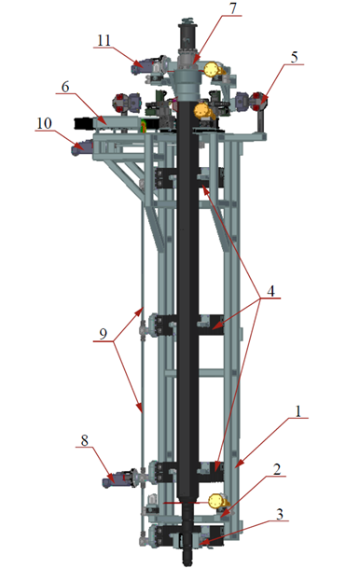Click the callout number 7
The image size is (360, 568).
233,8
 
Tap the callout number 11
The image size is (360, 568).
104,40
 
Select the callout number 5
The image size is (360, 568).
295,57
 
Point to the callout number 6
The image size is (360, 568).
65,87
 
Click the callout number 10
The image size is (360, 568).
44,123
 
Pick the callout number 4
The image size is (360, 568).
270,290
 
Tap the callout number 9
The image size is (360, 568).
104,333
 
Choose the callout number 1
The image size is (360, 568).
298,411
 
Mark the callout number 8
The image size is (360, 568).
84,440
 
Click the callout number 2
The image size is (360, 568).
277,469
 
